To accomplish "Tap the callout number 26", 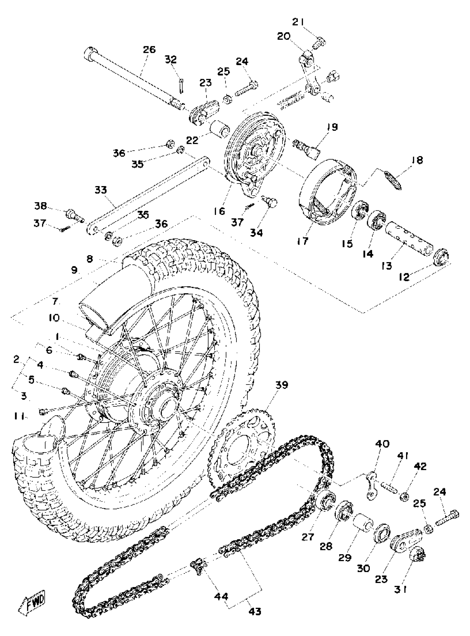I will click(149, 50).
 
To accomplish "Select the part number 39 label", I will click(281, 385).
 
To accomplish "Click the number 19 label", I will click(332, 127).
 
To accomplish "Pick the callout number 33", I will click(101, 190).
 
